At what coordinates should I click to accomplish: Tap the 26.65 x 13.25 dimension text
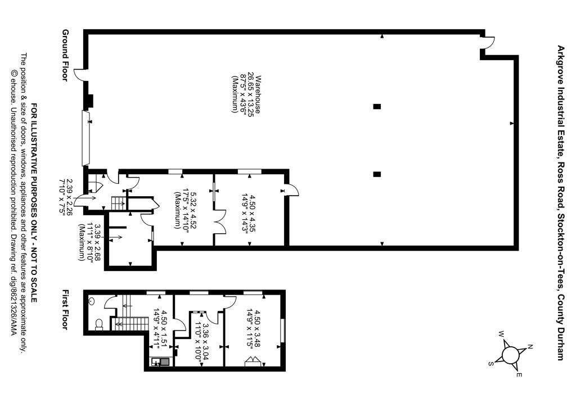[251, 94]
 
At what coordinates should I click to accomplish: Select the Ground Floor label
[65, 55]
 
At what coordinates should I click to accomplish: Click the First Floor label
[65, 310]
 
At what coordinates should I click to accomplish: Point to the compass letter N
[530, 346]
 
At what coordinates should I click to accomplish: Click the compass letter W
[501, 334]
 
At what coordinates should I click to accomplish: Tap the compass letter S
[490, 363]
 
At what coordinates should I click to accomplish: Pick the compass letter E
[519, 375]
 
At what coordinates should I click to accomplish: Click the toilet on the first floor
[98, 324]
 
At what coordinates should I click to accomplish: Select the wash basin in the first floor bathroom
[91, 301]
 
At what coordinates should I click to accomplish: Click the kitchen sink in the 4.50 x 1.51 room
[160, 362]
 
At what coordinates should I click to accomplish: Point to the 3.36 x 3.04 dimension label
[202, 343]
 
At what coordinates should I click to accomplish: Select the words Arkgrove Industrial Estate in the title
[561, 104]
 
